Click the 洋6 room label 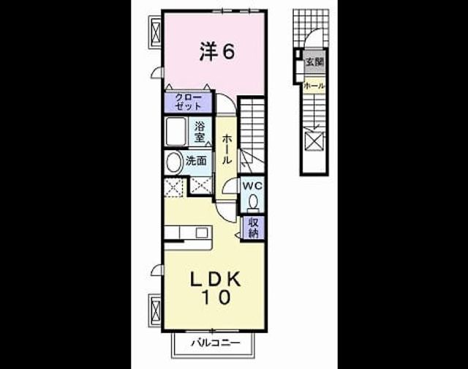click(217, 51)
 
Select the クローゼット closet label click(189, 102)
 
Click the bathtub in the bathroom click(176, 132)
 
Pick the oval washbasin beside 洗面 click(174, 163)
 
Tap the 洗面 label click(196, 161)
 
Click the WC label click(252, 186)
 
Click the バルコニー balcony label click(215, 343)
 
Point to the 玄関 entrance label click(314, 62)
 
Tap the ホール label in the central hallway click(227, 149)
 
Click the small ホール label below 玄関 click(314, 86)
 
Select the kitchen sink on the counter click(202, 232)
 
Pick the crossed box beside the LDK click(156, 310)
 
